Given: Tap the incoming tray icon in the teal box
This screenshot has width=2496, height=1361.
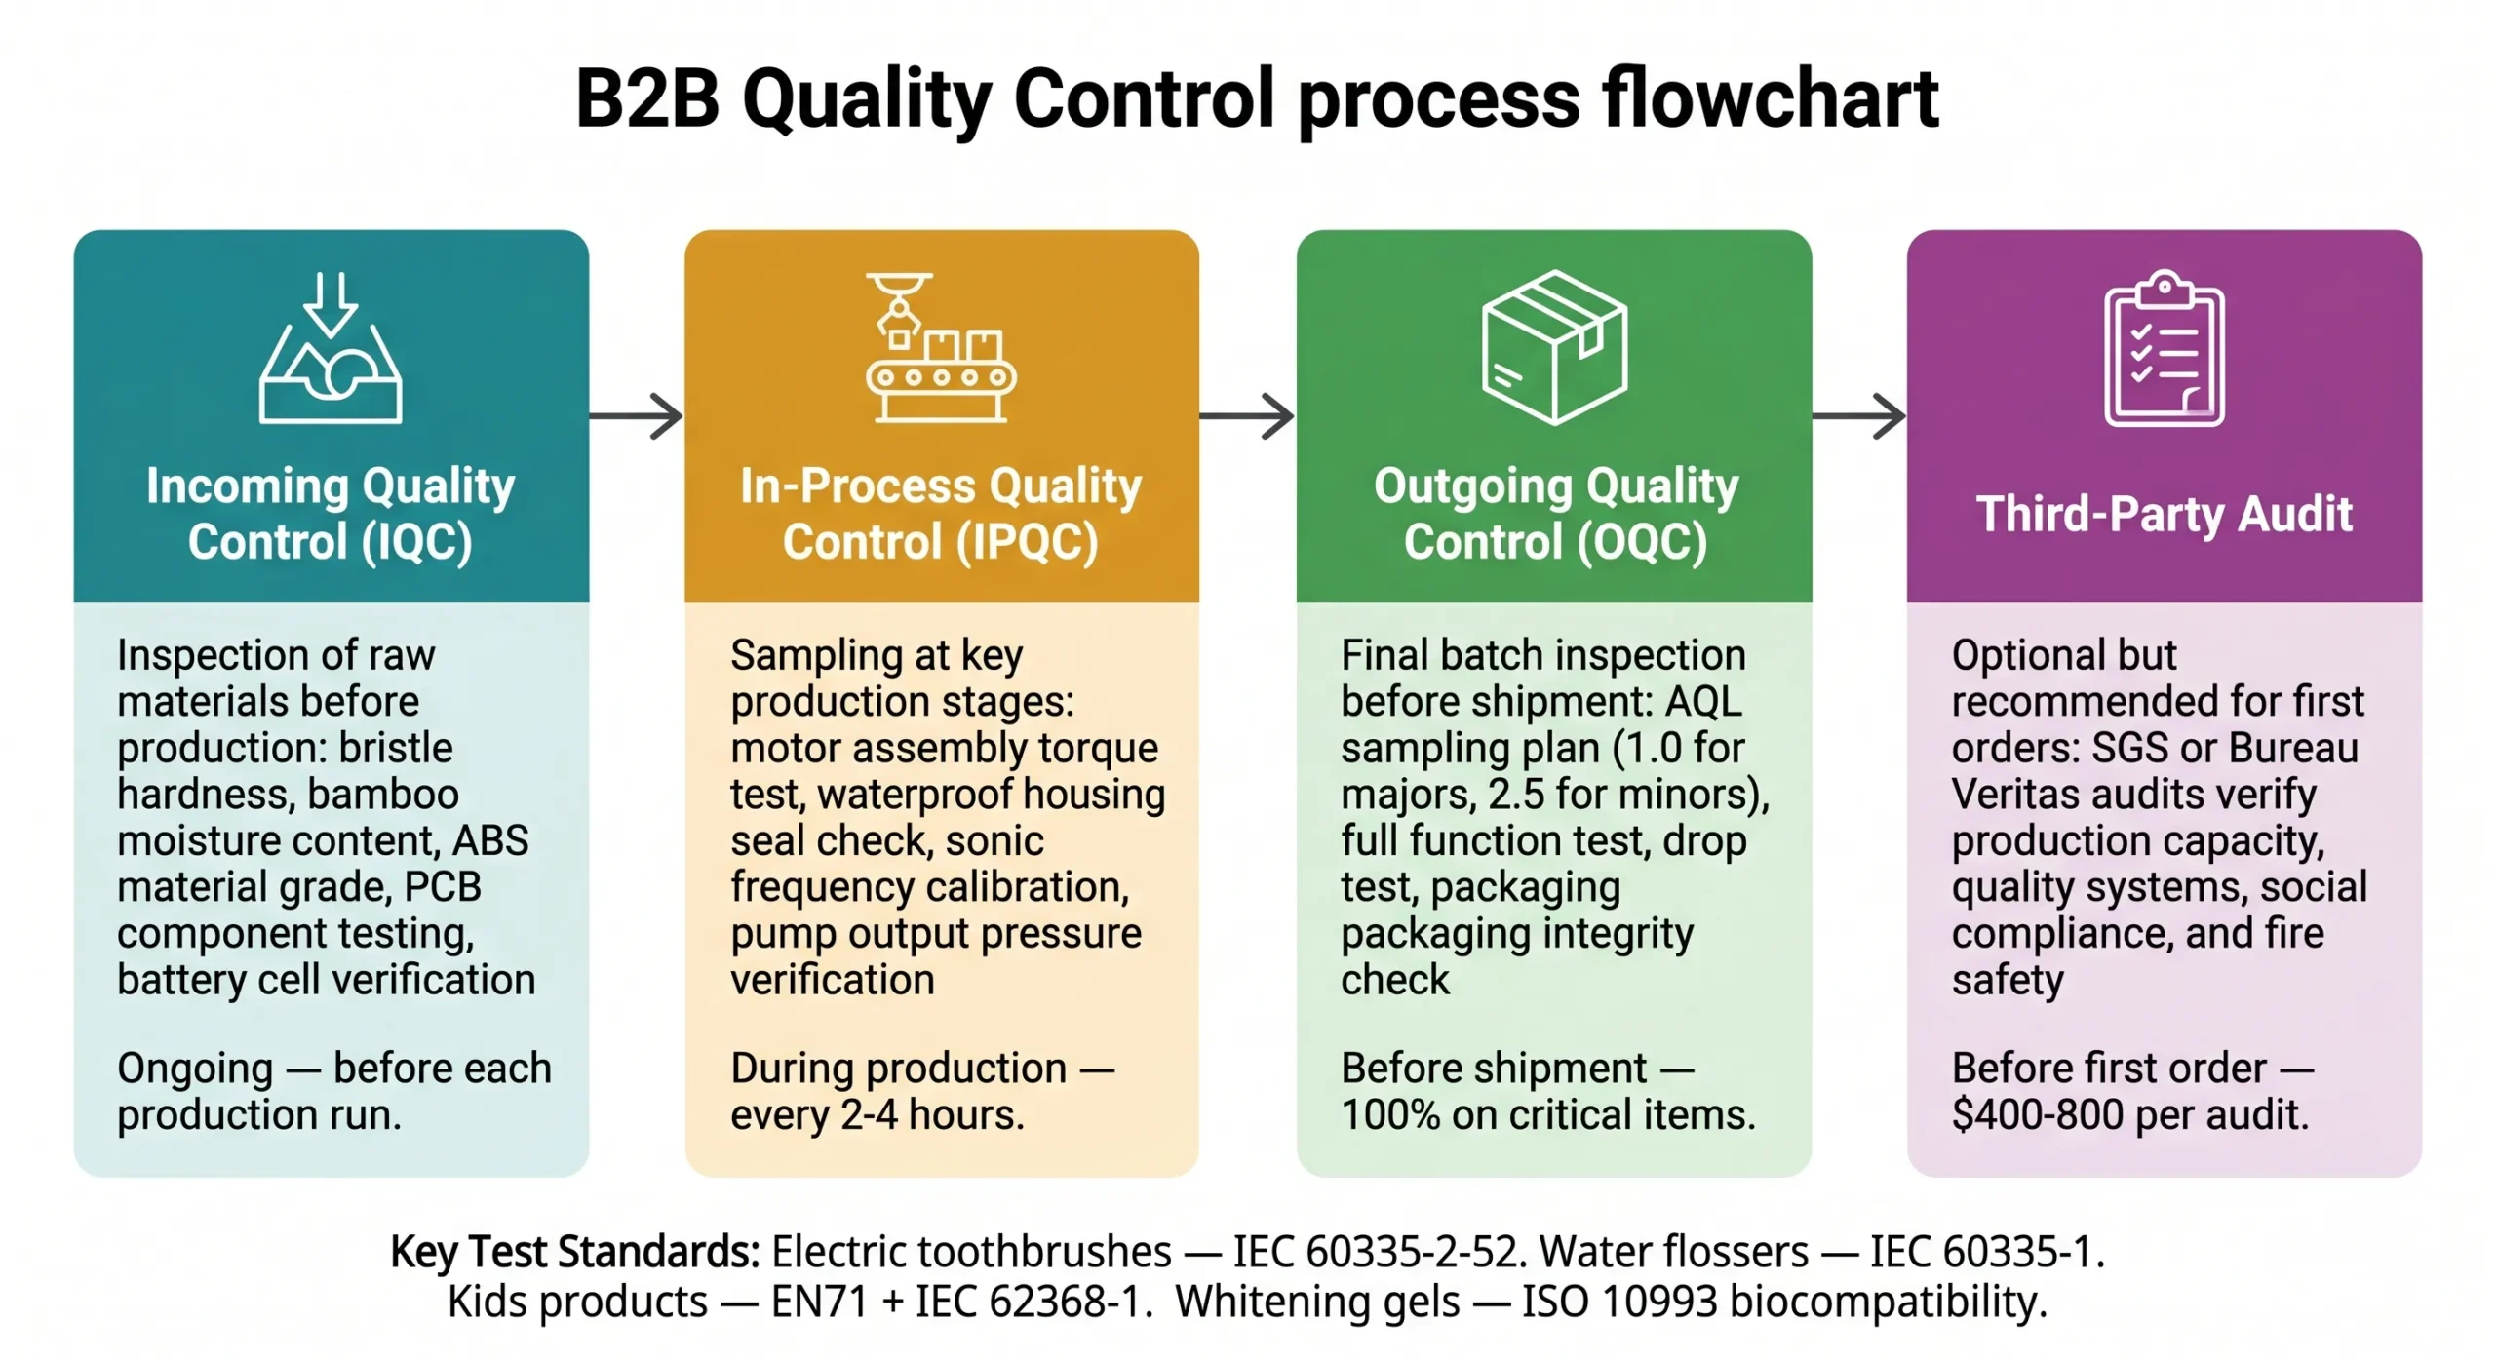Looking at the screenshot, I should (331, 349).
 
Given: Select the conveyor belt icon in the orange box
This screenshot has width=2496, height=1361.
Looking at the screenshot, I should (940, 348).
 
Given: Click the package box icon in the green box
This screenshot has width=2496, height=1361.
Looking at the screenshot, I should (1553, 347).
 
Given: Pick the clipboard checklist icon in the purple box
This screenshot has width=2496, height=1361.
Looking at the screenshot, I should (2164, 349).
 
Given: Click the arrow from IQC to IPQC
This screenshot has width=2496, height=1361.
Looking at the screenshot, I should (636, 416).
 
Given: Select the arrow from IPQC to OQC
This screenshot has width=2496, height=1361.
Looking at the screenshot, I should (1247, 416).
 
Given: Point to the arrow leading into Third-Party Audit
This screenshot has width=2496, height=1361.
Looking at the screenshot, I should (1858, 416).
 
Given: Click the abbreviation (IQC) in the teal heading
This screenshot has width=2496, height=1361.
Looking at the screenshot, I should (416, 542).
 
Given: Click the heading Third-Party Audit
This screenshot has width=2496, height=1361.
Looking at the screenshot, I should (2164, 514).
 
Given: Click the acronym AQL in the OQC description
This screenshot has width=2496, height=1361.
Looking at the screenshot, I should (1703, 702).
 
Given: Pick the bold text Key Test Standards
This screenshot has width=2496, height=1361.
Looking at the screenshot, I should (574, 1252).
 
